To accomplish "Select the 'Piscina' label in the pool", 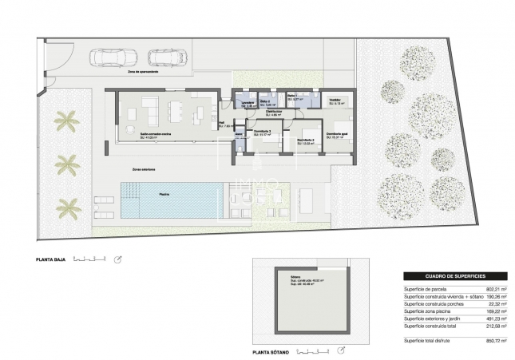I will (x=164, y=193).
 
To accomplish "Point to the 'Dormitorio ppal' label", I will (x=338, y=133).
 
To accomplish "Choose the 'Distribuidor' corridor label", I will (x=275, y=112).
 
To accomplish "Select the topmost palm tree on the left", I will (x=66, y=121).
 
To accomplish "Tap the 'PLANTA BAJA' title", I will (x=50, y=259).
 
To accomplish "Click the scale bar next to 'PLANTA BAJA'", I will (x=89, y=259).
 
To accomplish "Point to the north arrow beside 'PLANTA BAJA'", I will (x=119, y=259).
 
